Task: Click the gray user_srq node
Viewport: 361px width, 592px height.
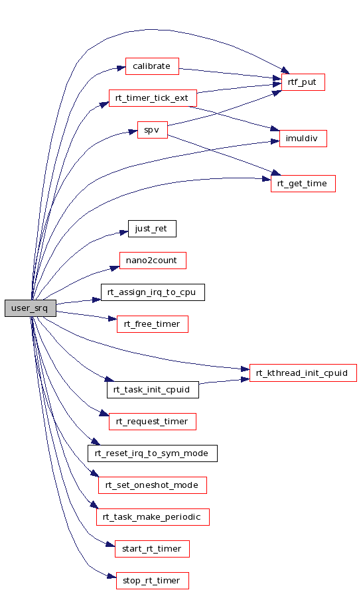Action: (x=31, y=308)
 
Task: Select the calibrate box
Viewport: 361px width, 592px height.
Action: (x=152, y=66)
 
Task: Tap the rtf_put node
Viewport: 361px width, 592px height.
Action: (x=303, y=82)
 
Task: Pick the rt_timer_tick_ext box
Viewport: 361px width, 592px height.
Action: (x=153, y=98)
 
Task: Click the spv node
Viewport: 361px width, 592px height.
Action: (x=153, y=129)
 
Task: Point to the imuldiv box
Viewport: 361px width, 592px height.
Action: (x=303, y=138)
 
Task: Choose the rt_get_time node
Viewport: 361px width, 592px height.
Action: (x=303, y=184)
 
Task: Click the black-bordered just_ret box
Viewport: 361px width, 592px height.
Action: (x=152, y=229)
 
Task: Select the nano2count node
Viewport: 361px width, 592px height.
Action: (x=153, y=261)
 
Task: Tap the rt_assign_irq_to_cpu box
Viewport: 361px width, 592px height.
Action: (x=153, y=292)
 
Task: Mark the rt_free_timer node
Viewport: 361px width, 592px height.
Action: (x=153, y=324)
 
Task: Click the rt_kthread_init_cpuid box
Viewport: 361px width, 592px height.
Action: (x=303, y=373)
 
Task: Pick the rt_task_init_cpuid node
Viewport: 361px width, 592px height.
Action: (x=153, y=390)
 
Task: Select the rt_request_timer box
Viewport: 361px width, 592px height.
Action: (x=153, y=422)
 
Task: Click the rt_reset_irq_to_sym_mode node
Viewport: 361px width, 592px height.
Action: (x=153, y=453)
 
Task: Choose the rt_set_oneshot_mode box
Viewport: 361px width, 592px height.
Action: (x=153, y=485)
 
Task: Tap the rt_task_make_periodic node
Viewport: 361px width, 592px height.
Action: (x=153, y=517)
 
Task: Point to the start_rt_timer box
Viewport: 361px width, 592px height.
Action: (x=152, y=549)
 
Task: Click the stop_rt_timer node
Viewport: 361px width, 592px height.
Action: (x=153, y=580)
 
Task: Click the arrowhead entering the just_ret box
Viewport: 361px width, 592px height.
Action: (x=124, y=232)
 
